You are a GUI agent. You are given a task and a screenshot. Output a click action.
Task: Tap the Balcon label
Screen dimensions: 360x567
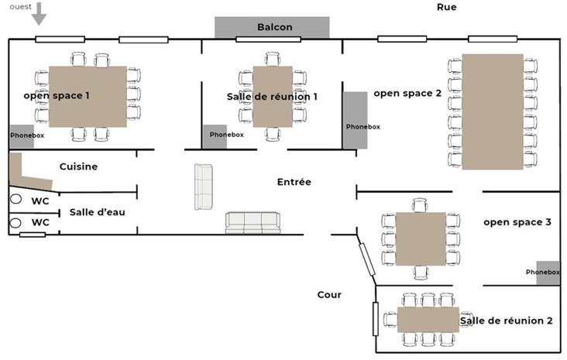click(274, 27)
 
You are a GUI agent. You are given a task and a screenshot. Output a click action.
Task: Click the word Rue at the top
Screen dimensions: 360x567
click(447, 7)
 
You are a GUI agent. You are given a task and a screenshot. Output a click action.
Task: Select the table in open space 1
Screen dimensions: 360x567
click(87, 97)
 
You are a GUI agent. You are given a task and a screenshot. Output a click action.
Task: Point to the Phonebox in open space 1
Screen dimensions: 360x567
click(22, 136)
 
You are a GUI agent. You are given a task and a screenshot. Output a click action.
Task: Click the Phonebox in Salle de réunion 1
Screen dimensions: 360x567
click(215, 136)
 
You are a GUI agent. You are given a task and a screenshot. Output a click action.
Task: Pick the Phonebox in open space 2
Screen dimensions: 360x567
click(355, 120)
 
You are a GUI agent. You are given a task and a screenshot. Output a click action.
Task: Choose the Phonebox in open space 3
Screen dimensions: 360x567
click(547, 273)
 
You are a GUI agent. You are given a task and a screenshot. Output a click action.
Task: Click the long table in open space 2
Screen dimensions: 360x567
click(493, 111)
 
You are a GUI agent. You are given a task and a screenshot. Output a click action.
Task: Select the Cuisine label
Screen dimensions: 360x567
click(78, 166)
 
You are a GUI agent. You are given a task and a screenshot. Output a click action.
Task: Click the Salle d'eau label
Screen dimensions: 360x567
click(97, 212)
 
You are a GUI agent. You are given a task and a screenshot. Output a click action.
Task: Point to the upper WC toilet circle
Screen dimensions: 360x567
click(15, 200)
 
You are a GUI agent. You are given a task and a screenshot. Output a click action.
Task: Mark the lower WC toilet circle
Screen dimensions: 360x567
click(15, 223)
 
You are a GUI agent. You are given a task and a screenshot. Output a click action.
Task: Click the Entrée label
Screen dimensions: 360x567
click(294, 182)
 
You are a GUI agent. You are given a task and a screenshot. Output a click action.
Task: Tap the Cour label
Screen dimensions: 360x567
click(329, 295)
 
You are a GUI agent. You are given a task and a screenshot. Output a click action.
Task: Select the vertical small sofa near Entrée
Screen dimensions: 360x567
click(203, 187)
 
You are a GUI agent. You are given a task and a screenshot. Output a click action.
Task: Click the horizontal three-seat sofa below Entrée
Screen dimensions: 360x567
click(253, 223)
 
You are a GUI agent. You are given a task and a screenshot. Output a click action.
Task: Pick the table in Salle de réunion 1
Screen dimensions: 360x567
click(272, 97)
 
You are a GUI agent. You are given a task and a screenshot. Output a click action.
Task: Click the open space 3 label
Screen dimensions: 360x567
click(517, 222)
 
